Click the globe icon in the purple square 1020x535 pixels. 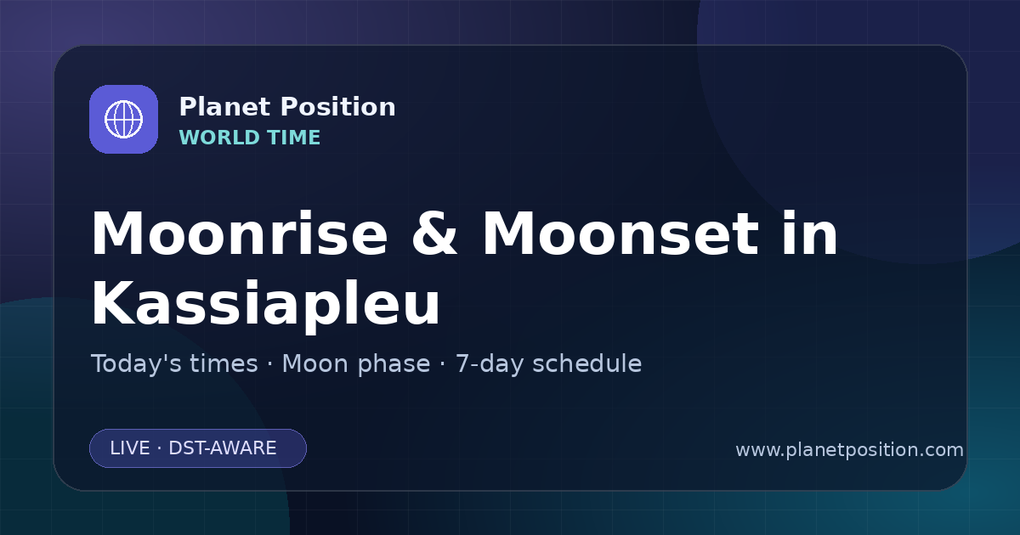tap(123, 119)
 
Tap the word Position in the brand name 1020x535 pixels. tap(338, 107)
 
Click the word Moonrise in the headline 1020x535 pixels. tap(240, 234)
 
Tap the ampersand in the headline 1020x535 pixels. tap(434, 234)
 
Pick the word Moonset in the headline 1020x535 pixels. tap(620, 234)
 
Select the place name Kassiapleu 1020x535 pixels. tap(266, 304)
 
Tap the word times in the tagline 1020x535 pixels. tap(224, 363)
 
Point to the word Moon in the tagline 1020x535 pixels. tap(315, 363)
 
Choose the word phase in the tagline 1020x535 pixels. tap(394, 364)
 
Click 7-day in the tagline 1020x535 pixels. tap(490, 364)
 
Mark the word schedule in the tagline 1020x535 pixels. tap(587, 363)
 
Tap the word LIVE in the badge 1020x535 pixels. tap(130, 448)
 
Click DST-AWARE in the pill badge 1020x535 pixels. tap(222, 448)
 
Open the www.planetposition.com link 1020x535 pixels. tap(849, 450)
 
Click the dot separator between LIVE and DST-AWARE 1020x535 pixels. tap(160, 448)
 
